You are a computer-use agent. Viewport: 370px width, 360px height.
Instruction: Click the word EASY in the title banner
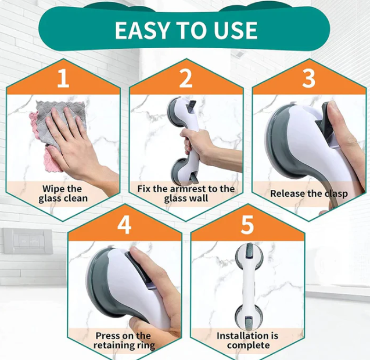coord(142,30)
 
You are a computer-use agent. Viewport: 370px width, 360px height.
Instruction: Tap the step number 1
coord(63,78)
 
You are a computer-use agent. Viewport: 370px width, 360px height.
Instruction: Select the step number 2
coord(186,78)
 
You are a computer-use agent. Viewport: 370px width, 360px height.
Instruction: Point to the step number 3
coord(308,78)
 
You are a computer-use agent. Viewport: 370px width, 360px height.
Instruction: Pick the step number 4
coord(124,225)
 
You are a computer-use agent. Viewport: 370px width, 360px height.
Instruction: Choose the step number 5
coord(247,225)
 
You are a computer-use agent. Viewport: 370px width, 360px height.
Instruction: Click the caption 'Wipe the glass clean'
coord(63,193)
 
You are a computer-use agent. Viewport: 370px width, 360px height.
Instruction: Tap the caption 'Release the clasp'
coord(309,193)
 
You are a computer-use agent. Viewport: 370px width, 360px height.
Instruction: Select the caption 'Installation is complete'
coord(247,340)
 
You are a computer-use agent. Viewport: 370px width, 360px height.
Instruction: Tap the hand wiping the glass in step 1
coord(78,146)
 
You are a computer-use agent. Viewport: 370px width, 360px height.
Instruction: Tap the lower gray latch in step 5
coord(249,322)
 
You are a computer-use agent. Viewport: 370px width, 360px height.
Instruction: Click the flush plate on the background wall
coord(28,241)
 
